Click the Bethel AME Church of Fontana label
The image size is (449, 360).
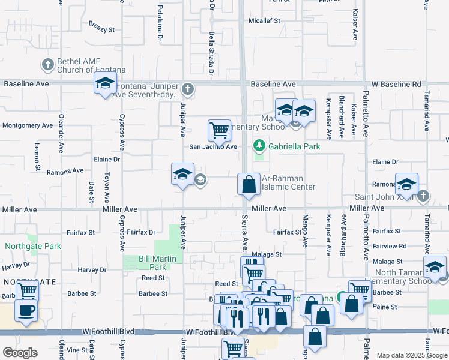[x=83, y=65]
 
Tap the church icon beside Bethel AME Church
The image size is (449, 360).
[x=47, y=63]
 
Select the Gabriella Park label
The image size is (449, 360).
[x=294, y=146]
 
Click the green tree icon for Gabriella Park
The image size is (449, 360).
[x=259, y=145]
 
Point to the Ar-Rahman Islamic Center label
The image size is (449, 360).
[x=289, y=182]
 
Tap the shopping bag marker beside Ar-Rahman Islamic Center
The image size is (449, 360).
[x=248, y=185]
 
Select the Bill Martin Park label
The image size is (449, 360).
[x=152, y=263]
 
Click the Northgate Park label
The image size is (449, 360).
[x=34, y=246]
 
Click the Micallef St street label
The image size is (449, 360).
[x=265, y=20]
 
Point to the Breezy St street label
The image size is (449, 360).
[x=101, y=29]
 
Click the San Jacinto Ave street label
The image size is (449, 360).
[x=213, y=146]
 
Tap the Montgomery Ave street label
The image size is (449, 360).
[x=28, y=125]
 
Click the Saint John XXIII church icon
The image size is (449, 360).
[x=423, y=195]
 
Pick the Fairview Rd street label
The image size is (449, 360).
[x=389, y=245]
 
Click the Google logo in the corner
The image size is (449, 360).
[x=20, y=352]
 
